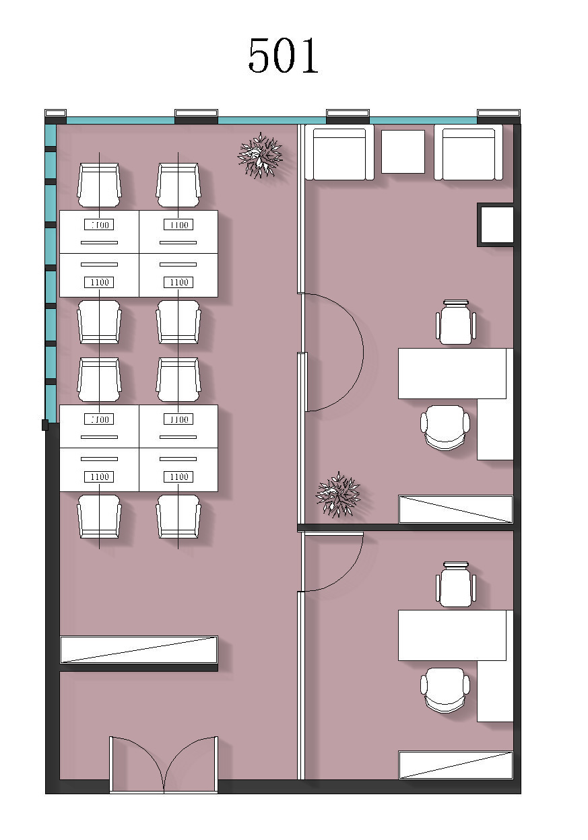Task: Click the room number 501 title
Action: coord(284,55)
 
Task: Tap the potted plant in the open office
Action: coord(260,155)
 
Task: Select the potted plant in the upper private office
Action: coord(338,495)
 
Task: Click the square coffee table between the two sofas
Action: coord(403,151)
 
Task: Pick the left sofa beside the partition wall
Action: coord(339,152)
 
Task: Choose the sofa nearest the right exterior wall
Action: coord(468,152)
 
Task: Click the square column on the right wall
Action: coord(496,225)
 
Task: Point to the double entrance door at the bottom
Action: coord(164,765)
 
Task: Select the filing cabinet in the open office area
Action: coord(139,649)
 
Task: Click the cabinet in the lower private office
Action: coord(455,765)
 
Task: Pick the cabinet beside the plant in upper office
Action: coord(455,509)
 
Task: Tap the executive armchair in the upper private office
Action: coord(445,427)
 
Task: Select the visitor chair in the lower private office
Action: coord(455,584)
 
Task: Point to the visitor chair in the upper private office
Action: coord(455,322)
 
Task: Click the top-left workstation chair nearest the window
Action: coord(99,185)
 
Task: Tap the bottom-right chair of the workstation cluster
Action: coord(178,516)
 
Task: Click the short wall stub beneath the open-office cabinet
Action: coord(139,668)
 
